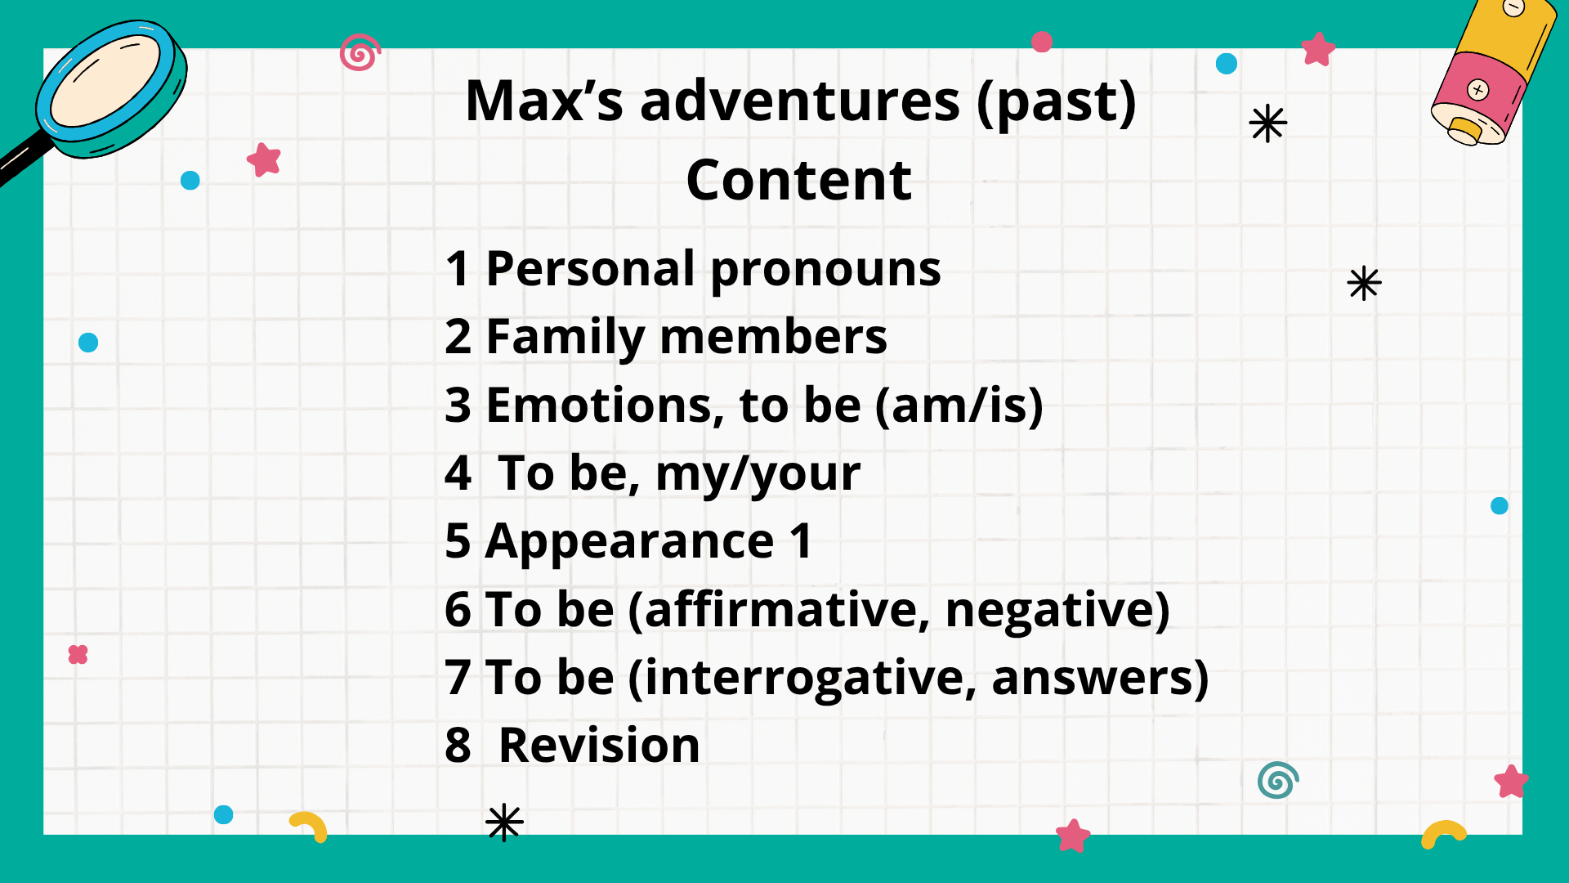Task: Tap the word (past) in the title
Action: (x=1057, y=103)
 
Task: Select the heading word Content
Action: (x=799, y=180)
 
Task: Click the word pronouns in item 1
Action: (x=825, y=271)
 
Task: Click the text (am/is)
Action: (x=959, y=406)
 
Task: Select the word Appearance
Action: (x=629, y=543)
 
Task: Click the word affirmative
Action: (x=787, y=610)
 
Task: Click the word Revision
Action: (x=599, y=746)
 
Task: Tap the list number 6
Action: (x=458, y=610)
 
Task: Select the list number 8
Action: (x=458, y=746)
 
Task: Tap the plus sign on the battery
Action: (x=1477, y=90)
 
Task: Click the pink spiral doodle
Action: (x=360, y=52)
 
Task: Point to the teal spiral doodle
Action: (x=1278, y=780)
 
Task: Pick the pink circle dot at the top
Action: (x=1042, y=42)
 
